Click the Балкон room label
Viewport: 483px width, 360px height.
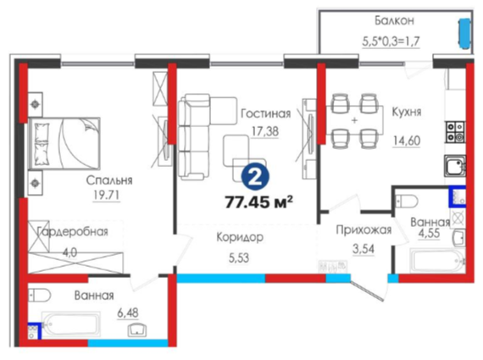(x=394, y=20)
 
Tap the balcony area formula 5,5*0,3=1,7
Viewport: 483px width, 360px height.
(x=391, y=41)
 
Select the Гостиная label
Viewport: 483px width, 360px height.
(x=265, y=114)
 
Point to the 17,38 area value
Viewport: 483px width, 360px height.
(x=265, y=131)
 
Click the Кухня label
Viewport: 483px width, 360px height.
(x=407, y=112)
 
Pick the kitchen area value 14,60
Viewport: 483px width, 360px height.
(x=407, y=141)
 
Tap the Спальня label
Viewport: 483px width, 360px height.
(x=109, y=180)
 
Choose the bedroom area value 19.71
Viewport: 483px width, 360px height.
(x=106, y=195)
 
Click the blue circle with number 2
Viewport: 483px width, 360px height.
(x=255, y=177)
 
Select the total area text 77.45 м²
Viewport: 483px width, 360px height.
(x=258, y=202)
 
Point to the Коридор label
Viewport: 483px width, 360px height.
(x=240, y=237)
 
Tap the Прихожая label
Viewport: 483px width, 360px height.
(x=364, y=230)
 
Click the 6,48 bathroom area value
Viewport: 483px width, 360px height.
(x=128, y=313)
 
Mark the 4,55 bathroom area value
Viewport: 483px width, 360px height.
(x=429, y=233)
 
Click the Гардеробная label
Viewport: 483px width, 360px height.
(x=73, y=231)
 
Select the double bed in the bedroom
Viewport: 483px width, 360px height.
(x=64, y=143)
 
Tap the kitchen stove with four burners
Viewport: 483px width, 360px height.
(x=455, y=132)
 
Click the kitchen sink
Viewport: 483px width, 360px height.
(x=455, y=166)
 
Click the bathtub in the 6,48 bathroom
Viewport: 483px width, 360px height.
(x=71, y=325)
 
